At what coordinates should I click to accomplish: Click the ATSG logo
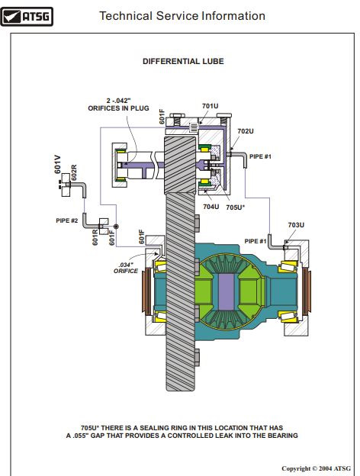[27, 16]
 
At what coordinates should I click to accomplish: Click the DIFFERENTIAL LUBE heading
[183, 61]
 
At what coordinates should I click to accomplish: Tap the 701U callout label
[210, 106]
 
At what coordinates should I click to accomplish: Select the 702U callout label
[246, 131]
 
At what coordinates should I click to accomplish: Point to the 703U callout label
[296, 225]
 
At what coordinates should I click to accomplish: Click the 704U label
[211, 207]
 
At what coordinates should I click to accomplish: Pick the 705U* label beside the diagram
[236, 207]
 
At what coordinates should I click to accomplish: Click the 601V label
[57, 165]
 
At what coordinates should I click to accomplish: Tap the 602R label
[74, 172]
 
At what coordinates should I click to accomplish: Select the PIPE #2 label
[67, 220]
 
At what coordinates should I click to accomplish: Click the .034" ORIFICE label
[126, 268]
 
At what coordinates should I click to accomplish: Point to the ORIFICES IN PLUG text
[118, 108]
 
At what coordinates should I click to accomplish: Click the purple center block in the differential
[227, 291]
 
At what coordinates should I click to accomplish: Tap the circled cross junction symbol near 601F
[116, 227]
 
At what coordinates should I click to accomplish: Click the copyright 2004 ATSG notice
[316, 468]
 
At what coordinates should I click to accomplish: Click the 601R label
[95, 237]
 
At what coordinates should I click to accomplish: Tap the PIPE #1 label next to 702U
[260, 156]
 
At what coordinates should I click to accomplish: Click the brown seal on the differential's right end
[307, 291]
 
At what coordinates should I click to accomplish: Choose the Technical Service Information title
[182, 16]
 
